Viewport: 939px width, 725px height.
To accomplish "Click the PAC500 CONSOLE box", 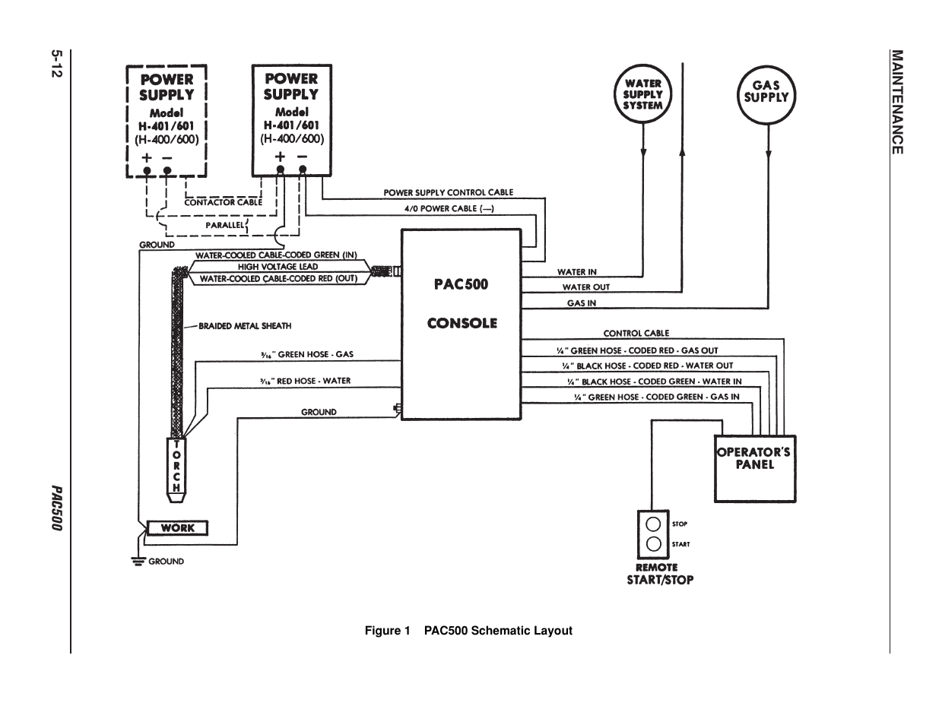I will tap(462, 325).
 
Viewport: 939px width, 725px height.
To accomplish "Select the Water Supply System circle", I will tap(643, 95).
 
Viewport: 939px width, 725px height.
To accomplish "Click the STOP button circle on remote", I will tap(653, 524).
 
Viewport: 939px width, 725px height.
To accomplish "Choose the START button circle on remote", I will tap(653, 544).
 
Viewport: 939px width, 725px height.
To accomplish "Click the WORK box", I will tap(177, 528).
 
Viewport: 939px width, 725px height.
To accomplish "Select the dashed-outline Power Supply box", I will tap(167, 121).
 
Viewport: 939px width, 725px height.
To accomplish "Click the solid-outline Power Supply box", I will tap(292, 120).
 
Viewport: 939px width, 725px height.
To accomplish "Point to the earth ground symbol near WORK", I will tap(138, 562).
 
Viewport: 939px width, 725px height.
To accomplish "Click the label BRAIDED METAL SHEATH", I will tap(245, 326).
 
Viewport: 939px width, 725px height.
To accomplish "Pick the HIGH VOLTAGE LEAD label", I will tap(278, 267).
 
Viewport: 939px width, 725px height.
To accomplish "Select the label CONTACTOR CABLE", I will tap(223, 203).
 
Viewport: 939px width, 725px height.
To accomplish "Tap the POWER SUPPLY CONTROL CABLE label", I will tap(448, 193).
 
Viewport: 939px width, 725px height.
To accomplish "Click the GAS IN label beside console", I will tap(582, 303).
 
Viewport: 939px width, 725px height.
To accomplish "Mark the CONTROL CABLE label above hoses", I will tap(636, 334).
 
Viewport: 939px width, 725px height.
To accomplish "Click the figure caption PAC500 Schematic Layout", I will tap(468, 631).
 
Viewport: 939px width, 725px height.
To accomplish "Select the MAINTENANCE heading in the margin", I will tap(897, 102).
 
